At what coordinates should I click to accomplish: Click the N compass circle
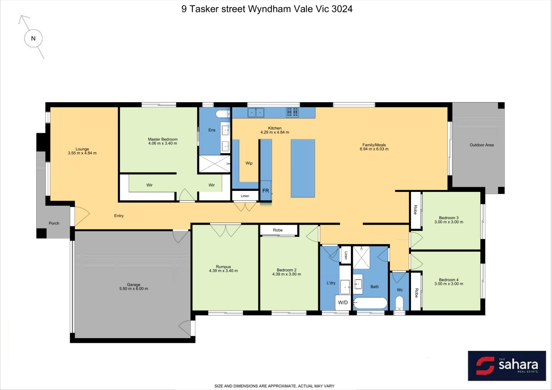tap(33, 38)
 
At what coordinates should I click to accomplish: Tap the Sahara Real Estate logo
tap(507, 366)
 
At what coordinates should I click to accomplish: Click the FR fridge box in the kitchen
tap(266, 191)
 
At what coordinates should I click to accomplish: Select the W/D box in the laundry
tap(343, 302)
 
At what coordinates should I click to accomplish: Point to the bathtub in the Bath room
tap(370, 303)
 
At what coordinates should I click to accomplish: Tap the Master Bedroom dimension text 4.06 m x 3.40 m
tap(162, 143)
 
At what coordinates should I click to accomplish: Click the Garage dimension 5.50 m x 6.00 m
tap(134, 289)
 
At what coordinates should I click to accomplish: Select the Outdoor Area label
tap(482, 145)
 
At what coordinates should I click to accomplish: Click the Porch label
tap(54, 223)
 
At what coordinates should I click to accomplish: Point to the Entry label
tap(119, 216)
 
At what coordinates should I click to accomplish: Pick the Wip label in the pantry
tap(249, 163)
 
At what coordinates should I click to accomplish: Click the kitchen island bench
tap(303, 168)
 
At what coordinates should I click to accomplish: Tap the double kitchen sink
tap(256, 113)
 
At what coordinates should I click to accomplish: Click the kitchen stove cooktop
tap(292, 112)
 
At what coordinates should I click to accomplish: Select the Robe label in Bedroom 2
tap(278, 230)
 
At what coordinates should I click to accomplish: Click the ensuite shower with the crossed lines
tap(215, 164)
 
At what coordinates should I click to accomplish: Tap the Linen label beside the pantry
tap(245, 196)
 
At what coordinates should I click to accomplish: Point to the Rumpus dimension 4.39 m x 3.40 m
tap(224, 271)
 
